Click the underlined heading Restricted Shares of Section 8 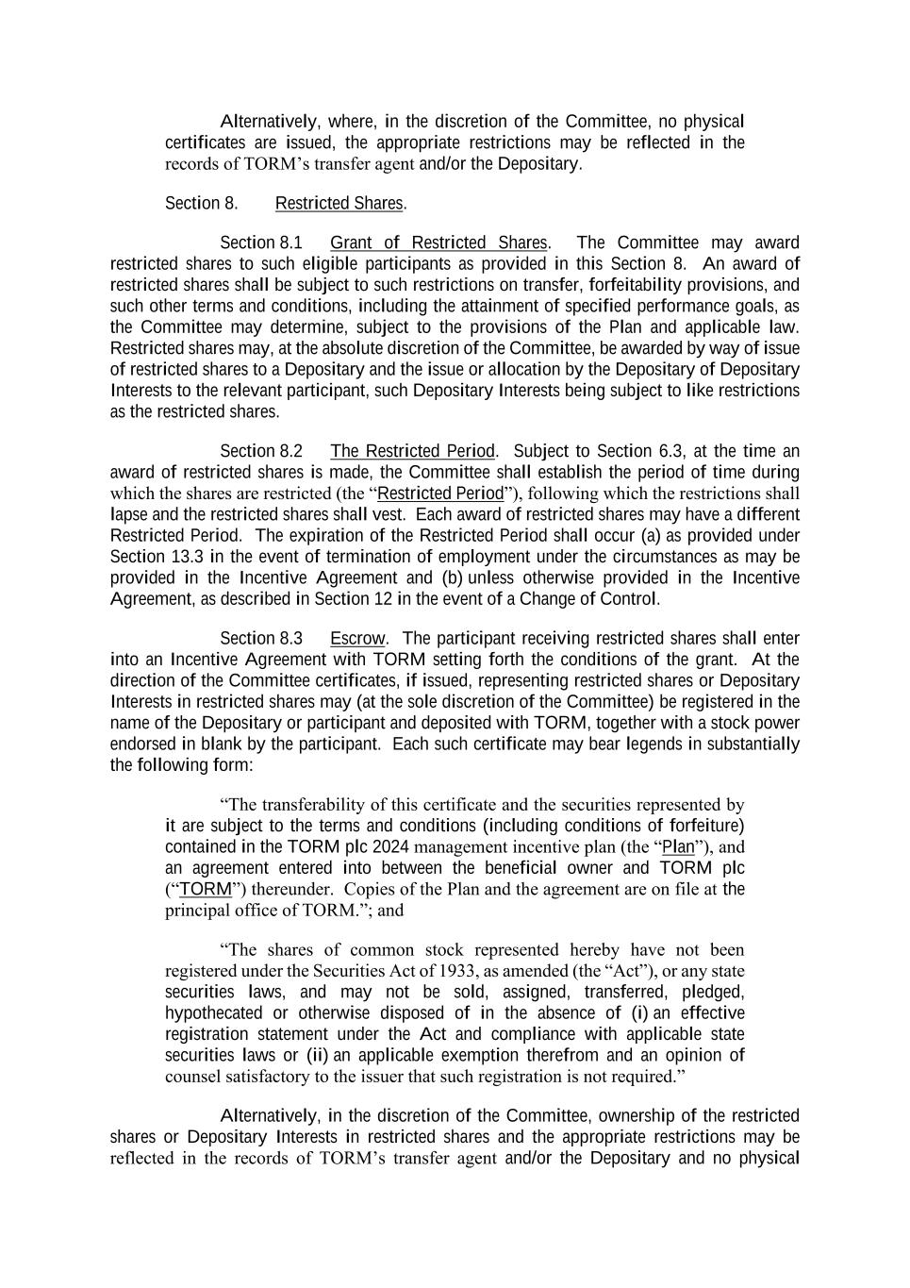click(339, 204)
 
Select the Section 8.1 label click(261, 243)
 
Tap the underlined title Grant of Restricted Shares click(438, 243)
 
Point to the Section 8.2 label click(261, 452)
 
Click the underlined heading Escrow click(357, 639)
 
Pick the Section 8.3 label click(261, 639)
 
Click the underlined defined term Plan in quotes click(678, 846)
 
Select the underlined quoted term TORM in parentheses click(205, 889)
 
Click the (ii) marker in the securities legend click(318, 1055)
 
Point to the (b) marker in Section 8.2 click(450, 577)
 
